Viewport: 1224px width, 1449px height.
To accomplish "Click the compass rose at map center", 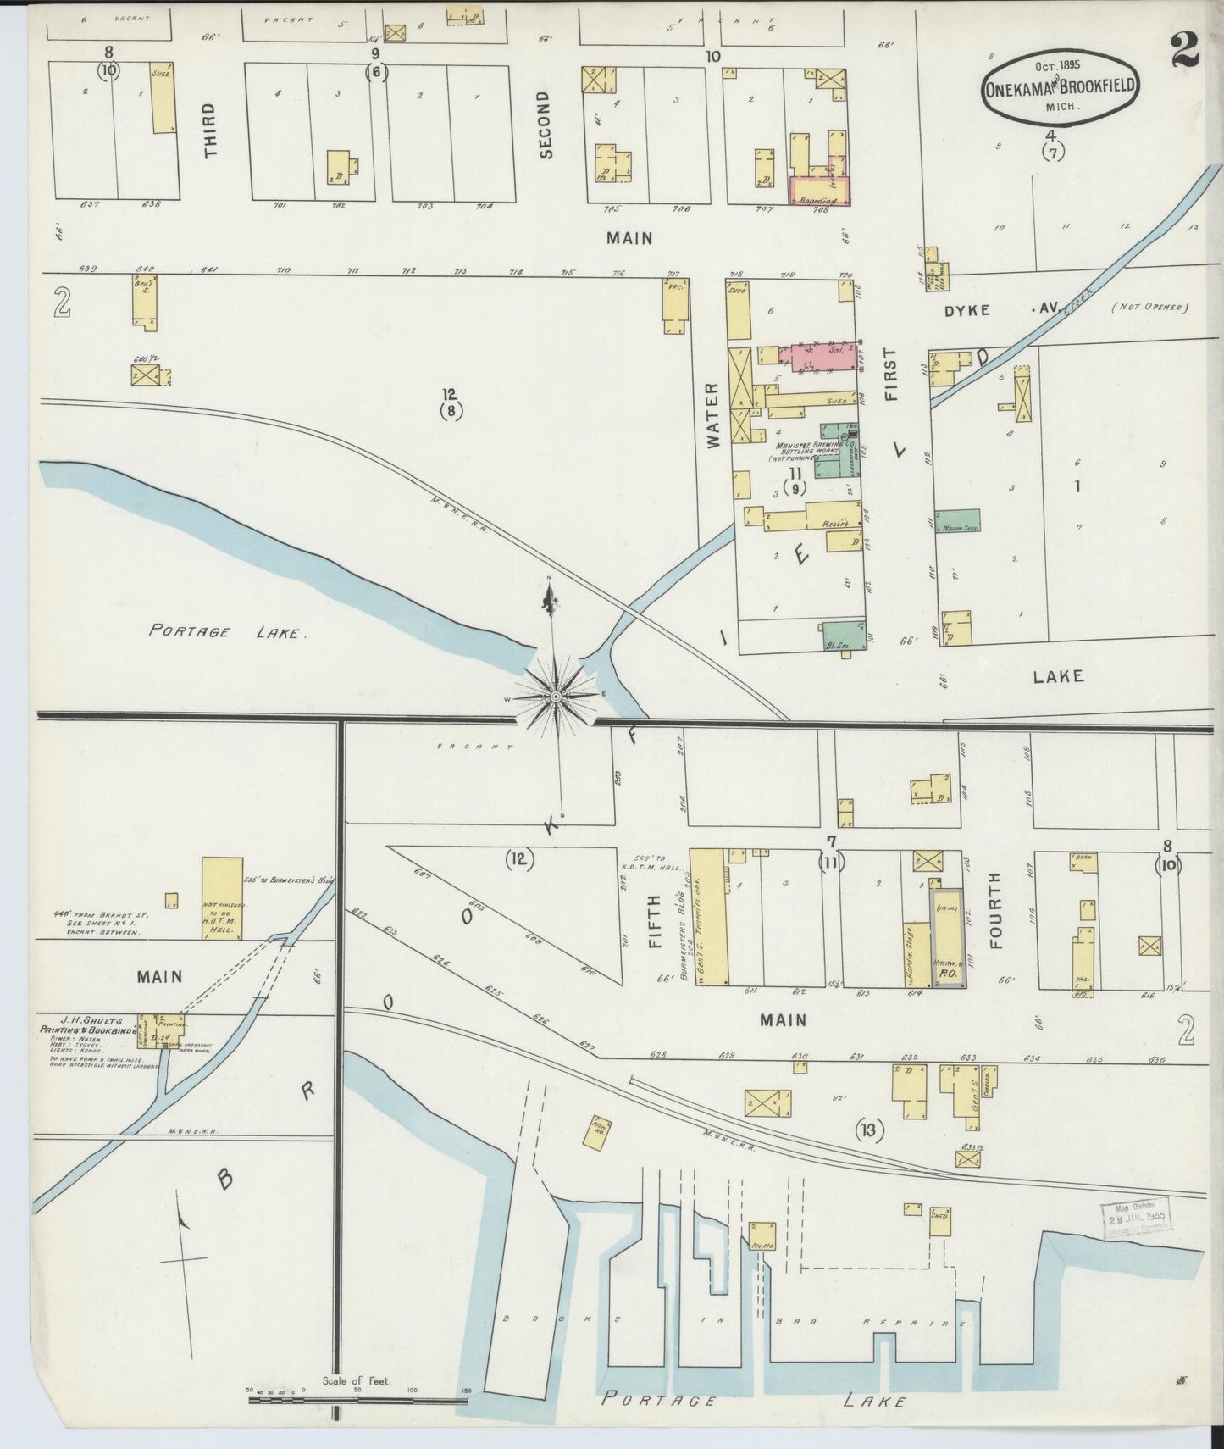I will click(x=555, y=696).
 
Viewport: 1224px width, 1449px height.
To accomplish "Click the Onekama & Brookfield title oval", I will click(x=1059, y=86).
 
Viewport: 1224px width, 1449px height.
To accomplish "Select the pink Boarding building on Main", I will click(x=817, y=190).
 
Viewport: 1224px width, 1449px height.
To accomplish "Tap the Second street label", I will click(x=545, y=125).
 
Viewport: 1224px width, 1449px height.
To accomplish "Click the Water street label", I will click(x=712, y=414).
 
